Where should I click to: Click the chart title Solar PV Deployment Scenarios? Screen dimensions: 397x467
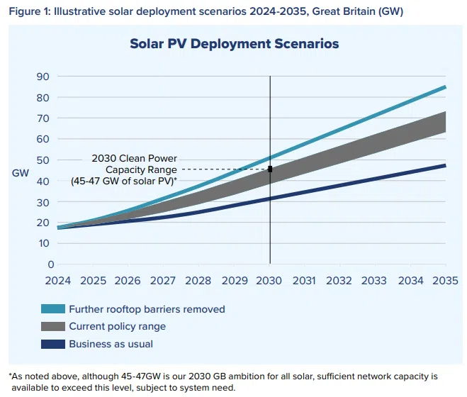234,44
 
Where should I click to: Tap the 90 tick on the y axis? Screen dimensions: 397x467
43,77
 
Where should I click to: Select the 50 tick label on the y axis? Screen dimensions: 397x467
43,160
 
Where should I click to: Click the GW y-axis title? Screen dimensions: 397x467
20,172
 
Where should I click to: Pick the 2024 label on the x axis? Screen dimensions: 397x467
58,281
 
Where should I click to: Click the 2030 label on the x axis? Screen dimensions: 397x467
270,281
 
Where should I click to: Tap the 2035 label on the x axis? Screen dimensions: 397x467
446,281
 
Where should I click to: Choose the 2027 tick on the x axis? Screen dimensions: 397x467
164,281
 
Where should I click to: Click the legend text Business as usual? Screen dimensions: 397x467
111,345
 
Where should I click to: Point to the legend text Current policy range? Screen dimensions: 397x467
117,327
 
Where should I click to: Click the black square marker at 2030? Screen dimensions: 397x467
270,169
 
